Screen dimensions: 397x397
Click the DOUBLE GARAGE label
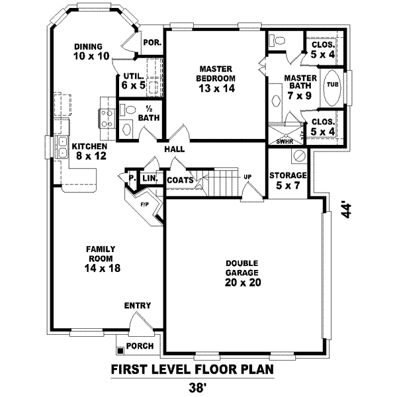point(240,272)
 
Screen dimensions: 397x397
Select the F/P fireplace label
point(144,204)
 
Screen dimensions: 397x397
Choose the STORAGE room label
point(288,180)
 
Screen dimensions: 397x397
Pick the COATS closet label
point(180,180)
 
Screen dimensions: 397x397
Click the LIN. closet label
point(149,178)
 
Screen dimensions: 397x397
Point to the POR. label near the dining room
point(152,42)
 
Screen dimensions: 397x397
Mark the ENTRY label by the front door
point(137,306)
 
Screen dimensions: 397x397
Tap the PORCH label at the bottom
point(140,346)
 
